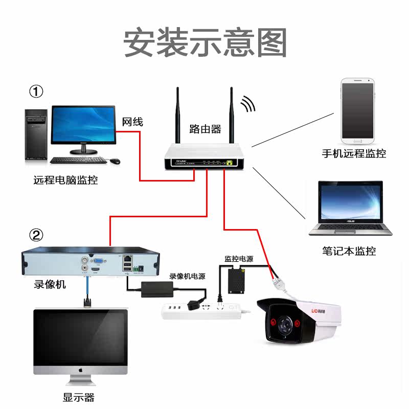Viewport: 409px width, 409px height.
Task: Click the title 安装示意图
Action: [x=205, y=43]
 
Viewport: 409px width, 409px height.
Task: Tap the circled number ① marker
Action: [x=36, y=92]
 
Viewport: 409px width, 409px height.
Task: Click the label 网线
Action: [x=132, y=122]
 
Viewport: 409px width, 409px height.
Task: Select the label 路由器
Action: [x=205, y=129]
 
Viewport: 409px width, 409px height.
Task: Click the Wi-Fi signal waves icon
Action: [x=248, y=104]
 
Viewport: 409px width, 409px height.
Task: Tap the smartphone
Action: [x=358, y=110]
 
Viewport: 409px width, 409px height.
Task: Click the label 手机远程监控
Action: [x=354, y=153]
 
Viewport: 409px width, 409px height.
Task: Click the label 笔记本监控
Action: [x=349, y=251]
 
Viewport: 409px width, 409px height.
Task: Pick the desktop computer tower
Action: [x=36, y=135]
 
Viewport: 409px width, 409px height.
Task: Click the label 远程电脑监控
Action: [x=65, y=180]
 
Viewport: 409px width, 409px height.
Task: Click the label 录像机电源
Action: [x=187, y=276]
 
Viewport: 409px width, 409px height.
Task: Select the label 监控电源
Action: [x=239, y=259]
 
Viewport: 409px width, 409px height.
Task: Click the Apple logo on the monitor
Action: [x=80, y=369]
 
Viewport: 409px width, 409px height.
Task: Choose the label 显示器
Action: [x=79, y=397]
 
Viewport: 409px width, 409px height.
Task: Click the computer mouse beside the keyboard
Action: [x=116, y=161]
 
